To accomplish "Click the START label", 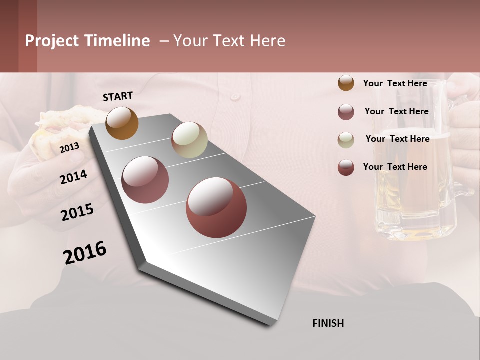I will point(118,96).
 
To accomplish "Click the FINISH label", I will point(328,323).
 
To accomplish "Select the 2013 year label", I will point(69,147).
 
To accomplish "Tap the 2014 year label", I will point(73,177).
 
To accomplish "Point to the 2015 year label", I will point(77,212).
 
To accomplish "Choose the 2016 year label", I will point(85,253).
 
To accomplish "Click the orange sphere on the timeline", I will point(122,123).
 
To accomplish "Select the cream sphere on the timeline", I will point(189,140).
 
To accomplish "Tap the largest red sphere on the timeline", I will point(216,207).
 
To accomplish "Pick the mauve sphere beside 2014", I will point(145,180).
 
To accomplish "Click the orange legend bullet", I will point(346,83).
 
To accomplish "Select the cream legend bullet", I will point(346,140).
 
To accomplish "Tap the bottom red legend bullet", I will point(346,167).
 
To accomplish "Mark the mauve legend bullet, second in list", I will point(346,112).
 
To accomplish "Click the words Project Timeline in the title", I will point(87,41).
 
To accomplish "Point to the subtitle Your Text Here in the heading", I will point(229,41).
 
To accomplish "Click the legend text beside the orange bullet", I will point(395,83).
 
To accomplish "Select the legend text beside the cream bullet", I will point(397,139).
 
